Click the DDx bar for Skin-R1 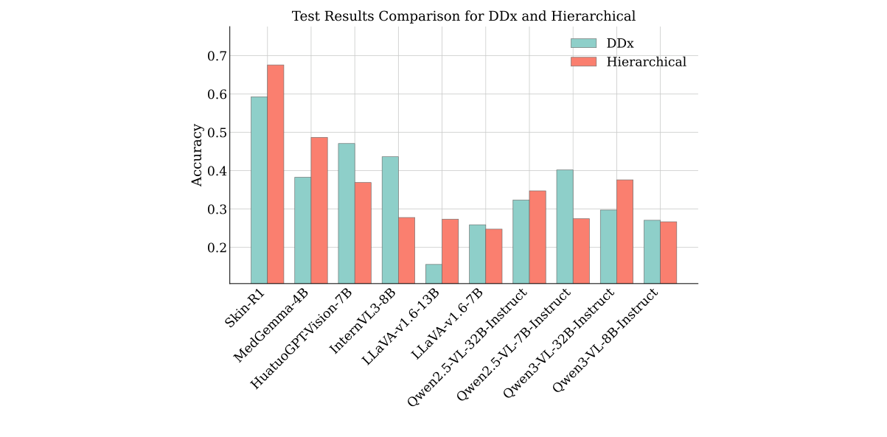tap(259, 189)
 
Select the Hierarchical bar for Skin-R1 tap(275, 174)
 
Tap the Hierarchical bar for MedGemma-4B tap(319, 210)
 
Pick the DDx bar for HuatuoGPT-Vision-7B tap(347, 213)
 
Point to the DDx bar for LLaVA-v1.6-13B tap(434, 273)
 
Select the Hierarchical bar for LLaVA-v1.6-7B tap(494, 256)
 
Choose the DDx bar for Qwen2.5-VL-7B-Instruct tap(565, 226)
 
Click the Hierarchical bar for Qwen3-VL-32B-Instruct tap(625, 231)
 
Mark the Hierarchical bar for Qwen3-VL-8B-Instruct tap(668, 252)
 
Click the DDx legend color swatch tap(583, 43)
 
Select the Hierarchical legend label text tap(646, 62)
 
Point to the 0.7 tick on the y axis tap(229, 56)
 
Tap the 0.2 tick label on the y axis tap(217, 248)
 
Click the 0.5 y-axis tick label tap(217, 133)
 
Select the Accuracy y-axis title tap(197, 155)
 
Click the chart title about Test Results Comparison tap(463, 16)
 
